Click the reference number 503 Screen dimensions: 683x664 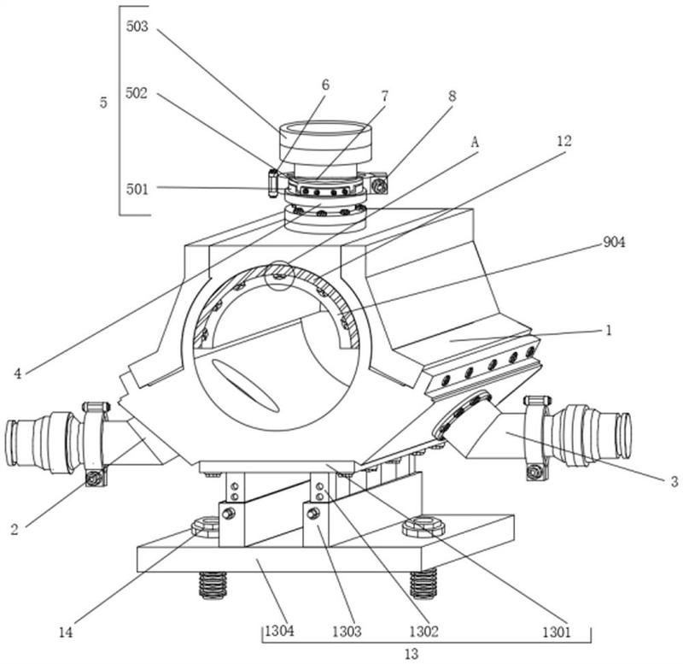tap(137, 26)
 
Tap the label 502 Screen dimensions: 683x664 tap(137, 93)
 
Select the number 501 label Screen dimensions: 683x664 tap(137, 189)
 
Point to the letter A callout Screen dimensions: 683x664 tap(475, 142)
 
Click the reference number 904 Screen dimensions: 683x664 tap(614, 243)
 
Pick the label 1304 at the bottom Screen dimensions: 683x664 tap(279, 631)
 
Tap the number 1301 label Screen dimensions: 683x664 tap(556, 632)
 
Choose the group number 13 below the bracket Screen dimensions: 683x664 tap(412, 654)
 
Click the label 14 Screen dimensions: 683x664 tap(66, 632)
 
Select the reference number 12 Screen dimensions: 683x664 tap(563, 141)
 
